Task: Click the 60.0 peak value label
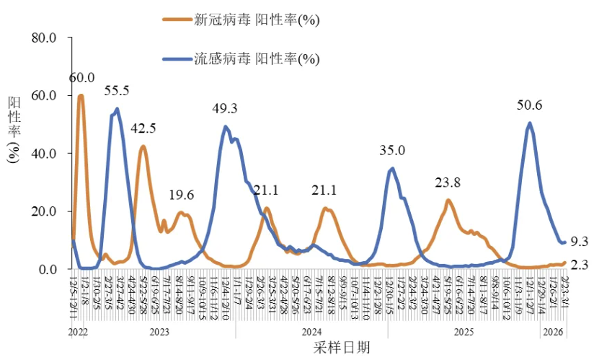pyautogui.click(x=82, y=77)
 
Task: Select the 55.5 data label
pyautogui.click(x=117, y=91)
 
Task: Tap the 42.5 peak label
pyautogui.click(x=143, y=128)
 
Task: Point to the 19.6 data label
pyautogui.click(x=182, y=195)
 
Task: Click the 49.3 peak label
pyautogui.click(x=225, y=109)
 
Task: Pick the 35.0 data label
pyautogui.click(x=392, y=151)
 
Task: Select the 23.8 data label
pyautogui.click(x=448, y=183)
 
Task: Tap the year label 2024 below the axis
pyautogui.click(x=311, y=332)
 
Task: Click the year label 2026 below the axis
pyautogui.click(x=553, y=332)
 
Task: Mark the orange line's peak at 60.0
pyautogui.click(x=81, y=96)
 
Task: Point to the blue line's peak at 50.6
pyautogui.click(x=531, y=123)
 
